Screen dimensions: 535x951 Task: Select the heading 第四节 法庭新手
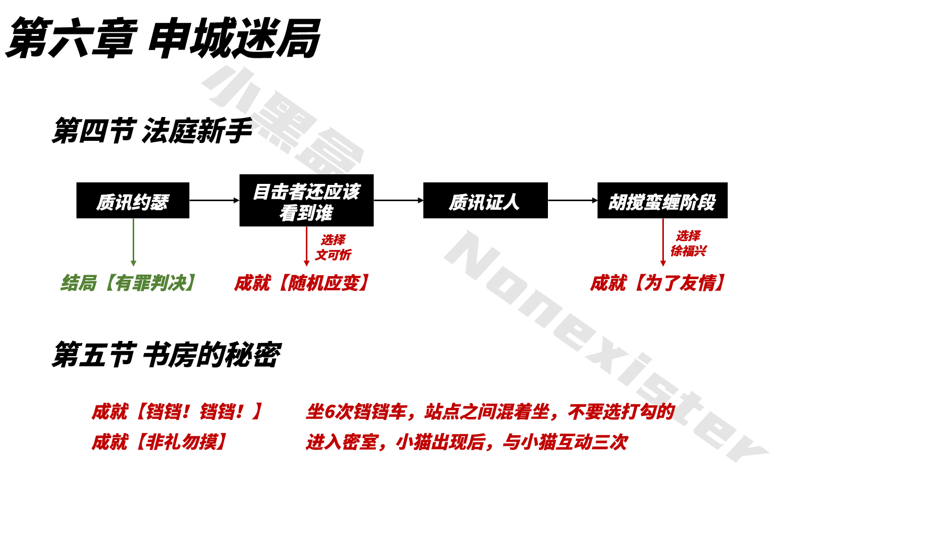click(152, 131)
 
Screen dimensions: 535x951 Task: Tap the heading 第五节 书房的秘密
click(166, 355)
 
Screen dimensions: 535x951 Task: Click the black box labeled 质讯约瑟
click(133, 201)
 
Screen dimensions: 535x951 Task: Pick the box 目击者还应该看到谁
click(306, 201)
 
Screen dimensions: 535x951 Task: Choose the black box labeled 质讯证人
click(485, 201)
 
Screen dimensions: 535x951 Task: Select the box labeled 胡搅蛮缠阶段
click(662, 201)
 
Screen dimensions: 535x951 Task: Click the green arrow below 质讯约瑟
click(133, 242)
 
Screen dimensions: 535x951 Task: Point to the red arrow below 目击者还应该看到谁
click(306, 246)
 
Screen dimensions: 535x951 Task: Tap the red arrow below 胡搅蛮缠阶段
click(663, 242)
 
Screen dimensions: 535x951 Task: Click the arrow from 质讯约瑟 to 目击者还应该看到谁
click(214, 201)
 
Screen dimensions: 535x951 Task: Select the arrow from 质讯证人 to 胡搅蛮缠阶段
click(573, 201)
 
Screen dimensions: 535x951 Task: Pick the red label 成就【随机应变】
click(302, 283)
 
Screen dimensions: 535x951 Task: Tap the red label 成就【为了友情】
click(658, 283)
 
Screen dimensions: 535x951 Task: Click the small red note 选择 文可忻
click(333, 247)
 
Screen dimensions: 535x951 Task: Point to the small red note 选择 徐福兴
click(689, 243)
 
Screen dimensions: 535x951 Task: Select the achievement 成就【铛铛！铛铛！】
click(177, 411)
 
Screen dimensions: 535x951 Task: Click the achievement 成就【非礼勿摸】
click(160, 442)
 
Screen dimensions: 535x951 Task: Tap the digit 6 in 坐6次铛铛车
click(329, 412)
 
